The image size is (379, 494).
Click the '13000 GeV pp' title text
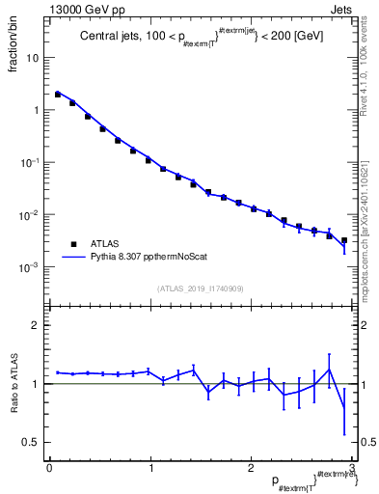point(82,8)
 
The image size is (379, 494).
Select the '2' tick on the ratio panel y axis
point(37,325)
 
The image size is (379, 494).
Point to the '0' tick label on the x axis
point(49,468)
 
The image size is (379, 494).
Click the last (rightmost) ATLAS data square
point(343,240)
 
